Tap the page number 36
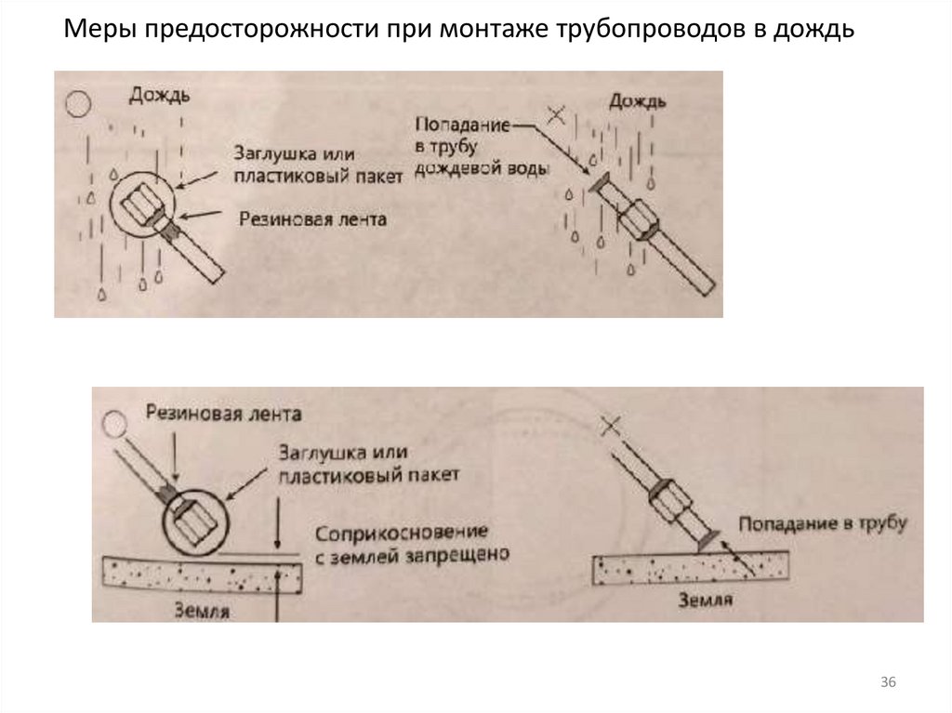(888, 683)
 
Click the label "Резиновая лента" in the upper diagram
(311, 218)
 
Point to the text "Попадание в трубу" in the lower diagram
(823, 523)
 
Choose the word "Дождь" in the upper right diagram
(638, 100)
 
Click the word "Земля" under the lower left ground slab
(203, 610)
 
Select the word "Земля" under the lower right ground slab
(704, 599)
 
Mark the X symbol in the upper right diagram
(556, 116)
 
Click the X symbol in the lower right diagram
(609, 428)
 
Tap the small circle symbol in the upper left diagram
(76, 103)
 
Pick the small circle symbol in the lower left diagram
(114, 425)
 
